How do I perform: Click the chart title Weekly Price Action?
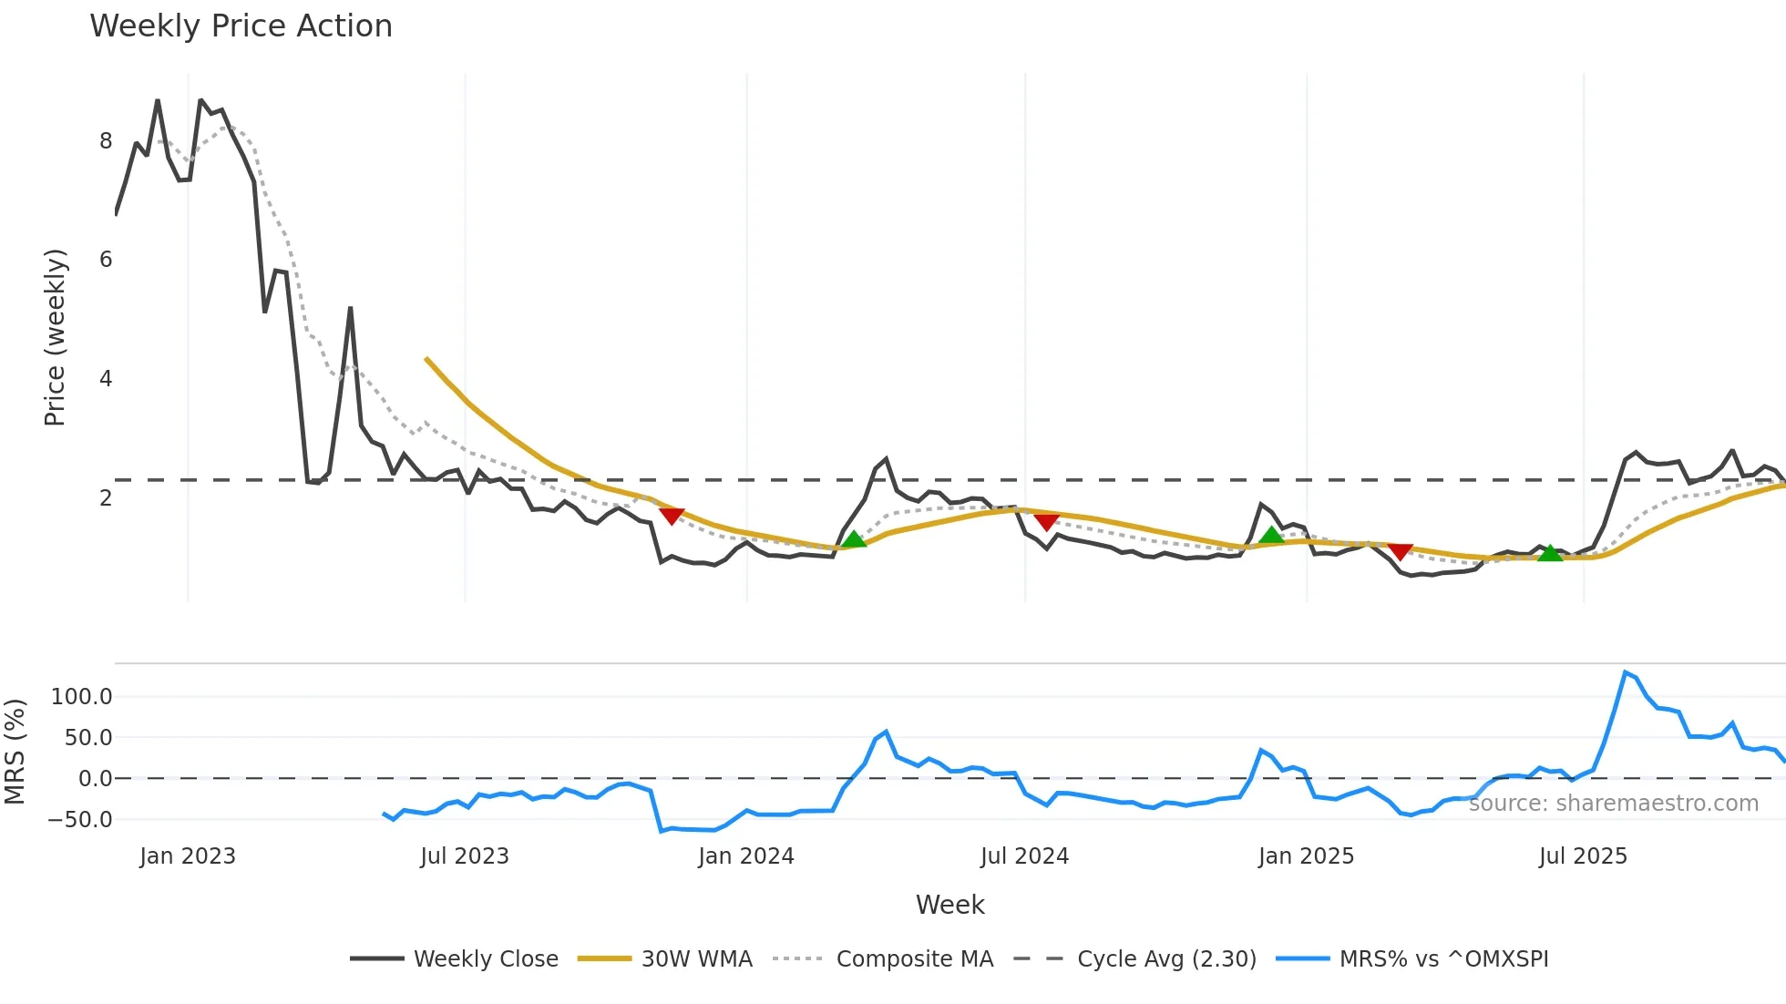241,26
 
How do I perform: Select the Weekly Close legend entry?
485,959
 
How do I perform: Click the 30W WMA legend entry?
696,959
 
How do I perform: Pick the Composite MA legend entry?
914,959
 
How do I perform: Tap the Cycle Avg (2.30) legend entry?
1165,959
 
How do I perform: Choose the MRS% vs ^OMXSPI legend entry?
1443,959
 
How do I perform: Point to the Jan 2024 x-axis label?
746,856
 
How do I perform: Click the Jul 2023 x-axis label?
465,856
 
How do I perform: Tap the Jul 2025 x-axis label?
1583,856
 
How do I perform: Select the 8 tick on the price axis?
107,141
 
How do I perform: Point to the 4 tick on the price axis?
107,379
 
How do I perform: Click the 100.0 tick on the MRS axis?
82,697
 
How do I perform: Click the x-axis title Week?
949,905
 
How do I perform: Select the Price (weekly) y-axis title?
55,337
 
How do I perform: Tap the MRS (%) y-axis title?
15,752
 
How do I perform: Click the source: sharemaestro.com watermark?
1613,804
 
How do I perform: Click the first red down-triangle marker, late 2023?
672,517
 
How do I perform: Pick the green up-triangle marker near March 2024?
854,538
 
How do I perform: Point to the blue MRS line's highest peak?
1626,672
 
